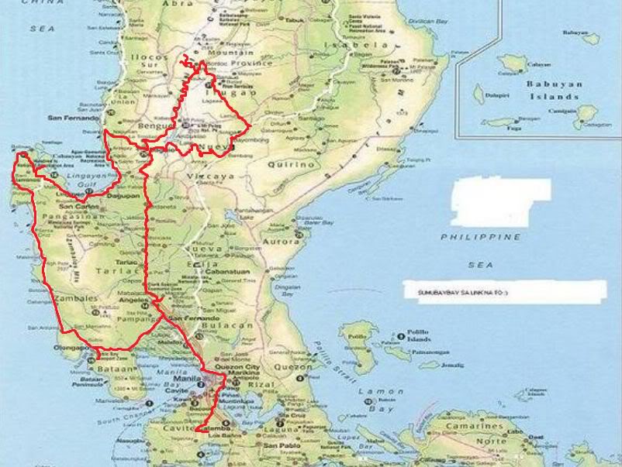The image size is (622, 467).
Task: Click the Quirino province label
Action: pos(292,165)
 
